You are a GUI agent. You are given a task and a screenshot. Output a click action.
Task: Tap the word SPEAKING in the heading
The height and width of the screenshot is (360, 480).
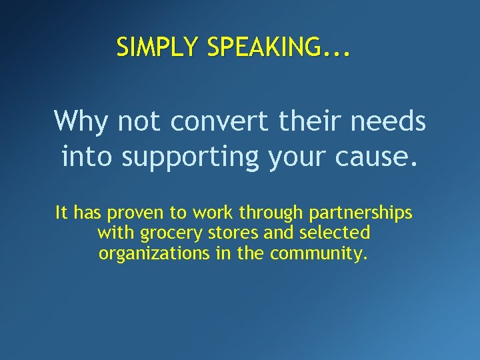coord(264,47)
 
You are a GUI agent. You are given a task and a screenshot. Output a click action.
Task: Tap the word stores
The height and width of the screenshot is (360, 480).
coord(227,233)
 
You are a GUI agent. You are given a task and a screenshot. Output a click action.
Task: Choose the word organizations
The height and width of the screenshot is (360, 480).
coord(153,254)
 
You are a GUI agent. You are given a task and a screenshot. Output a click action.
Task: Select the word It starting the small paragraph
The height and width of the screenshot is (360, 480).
coord(61,213)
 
